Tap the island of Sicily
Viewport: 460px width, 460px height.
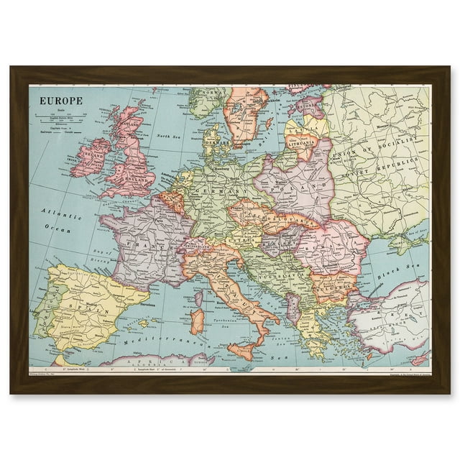(x=241, y=351)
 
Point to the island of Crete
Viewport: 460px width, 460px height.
(x=345, y=364)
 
